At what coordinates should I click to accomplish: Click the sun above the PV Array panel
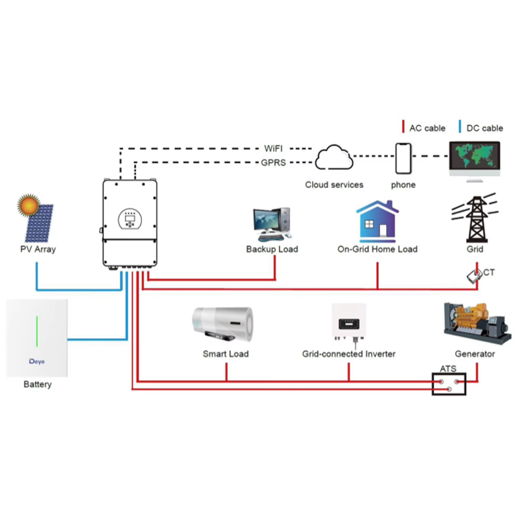(x=29, y=206)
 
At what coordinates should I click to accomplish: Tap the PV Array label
(x=38, y=249)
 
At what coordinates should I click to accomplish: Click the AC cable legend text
(x=427, y=128)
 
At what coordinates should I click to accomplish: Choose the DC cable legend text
(x=484, y=128)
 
